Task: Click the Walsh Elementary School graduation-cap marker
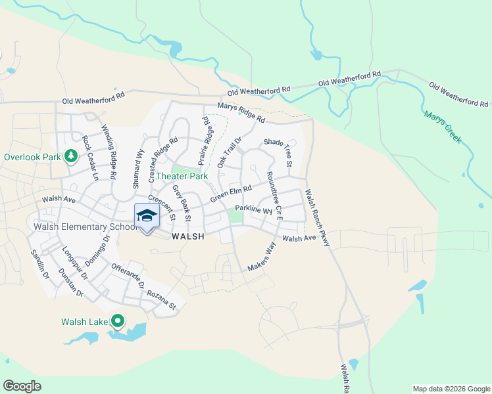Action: pos(147,216)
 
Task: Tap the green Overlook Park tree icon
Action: pos(70,157)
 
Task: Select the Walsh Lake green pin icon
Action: pos(118,321)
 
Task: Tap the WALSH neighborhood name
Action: pos(187,236)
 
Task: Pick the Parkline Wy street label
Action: pos(253,210)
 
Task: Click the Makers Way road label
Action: pos(262,257)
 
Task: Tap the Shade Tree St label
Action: pos(277,152)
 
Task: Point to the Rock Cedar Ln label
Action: pos(89,159)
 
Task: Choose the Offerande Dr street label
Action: pos(128,276)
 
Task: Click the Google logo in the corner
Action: pos(22,386)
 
